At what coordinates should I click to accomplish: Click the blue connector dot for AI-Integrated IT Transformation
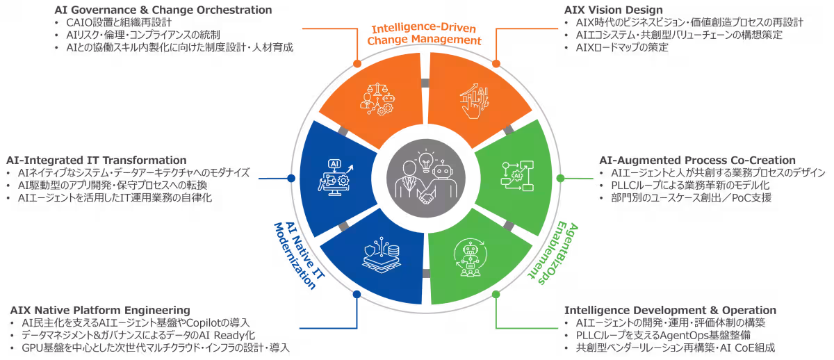pyautogui.click(x=290, y=179)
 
